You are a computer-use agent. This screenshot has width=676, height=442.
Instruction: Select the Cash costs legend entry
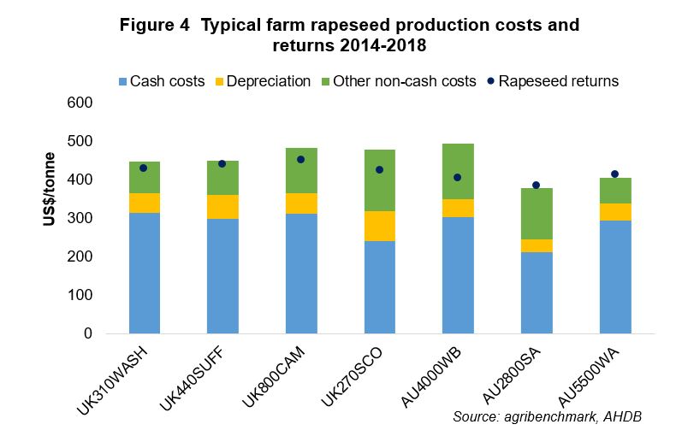(x=163, y=82)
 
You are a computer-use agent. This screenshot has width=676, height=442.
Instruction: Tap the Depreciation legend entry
(x=262, y=82)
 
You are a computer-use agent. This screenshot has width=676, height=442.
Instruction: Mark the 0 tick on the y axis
(x=87, y=333)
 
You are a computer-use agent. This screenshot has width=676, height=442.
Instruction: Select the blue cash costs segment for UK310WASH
(x=144, y=274)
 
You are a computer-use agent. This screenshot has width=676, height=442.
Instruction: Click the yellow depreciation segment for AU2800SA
(x=536, y=245)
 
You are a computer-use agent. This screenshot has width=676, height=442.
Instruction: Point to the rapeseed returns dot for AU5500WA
(x=614, y=174)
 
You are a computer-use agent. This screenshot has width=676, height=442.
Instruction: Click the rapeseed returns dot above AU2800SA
(x=536, y=185)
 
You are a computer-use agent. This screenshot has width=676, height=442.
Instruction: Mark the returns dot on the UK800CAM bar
(x=300, y=159)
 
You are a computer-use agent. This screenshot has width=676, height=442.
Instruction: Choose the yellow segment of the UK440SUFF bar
(x=222, y=207)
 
